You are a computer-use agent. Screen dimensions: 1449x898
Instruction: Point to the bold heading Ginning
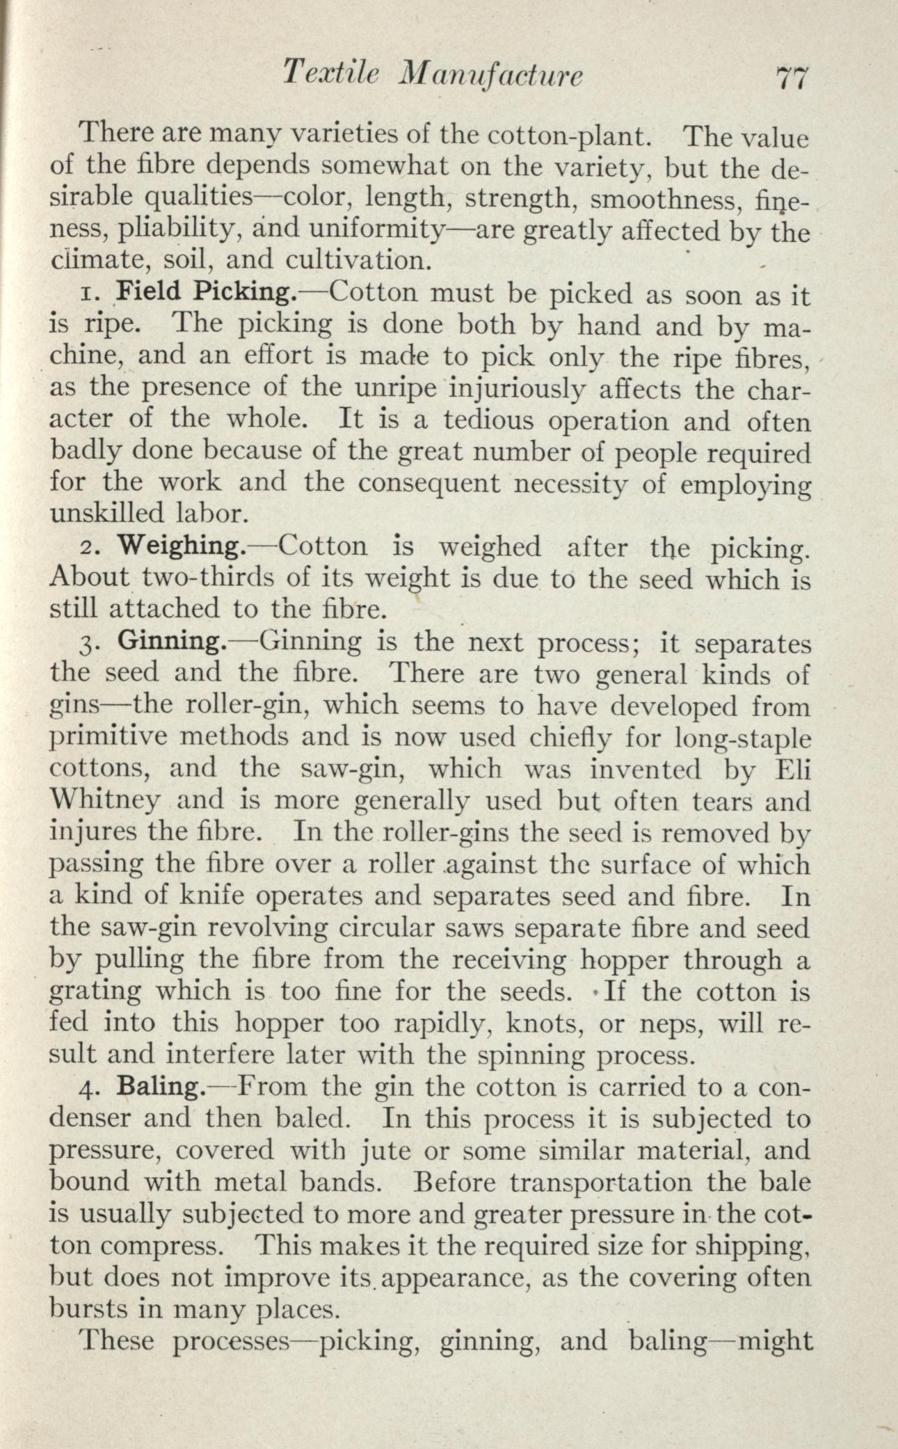coord(171,642)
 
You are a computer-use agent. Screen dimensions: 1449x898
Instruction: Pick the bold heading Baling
coord(161,1086)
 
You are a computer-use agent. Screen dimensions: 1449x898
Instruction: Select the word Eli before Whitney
coord(792,769)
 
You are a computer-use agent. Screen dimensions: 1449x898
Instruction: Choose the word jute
coord(392,1151)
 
